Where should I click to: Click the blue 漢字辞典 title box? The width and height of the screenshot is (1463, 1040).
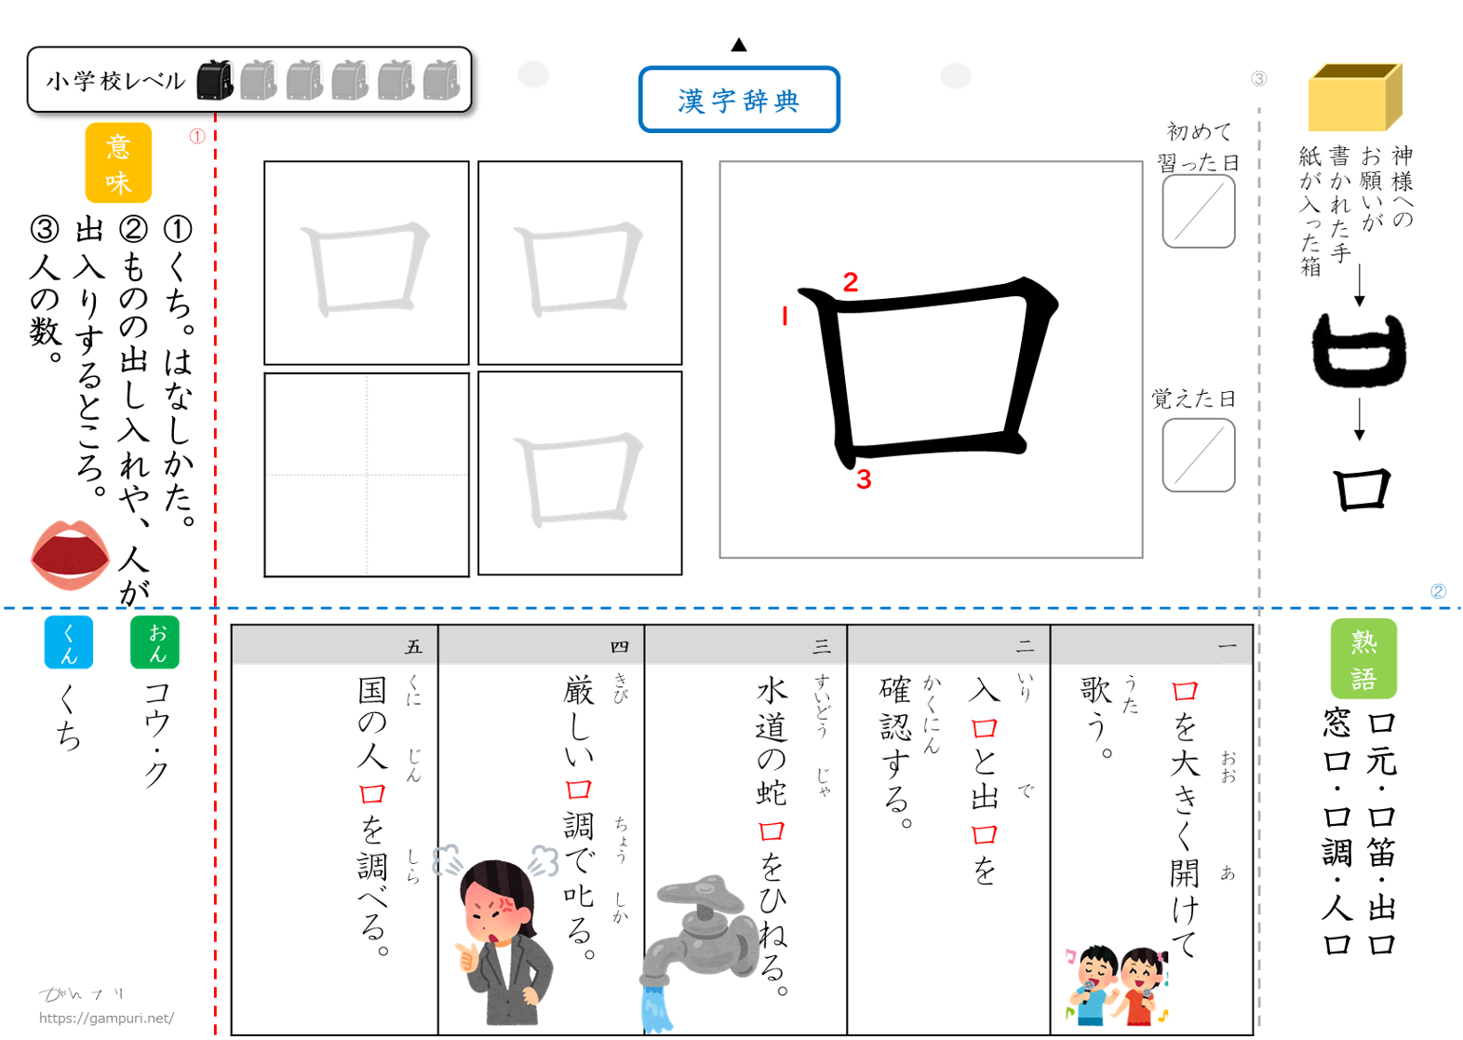(x=739, y=100)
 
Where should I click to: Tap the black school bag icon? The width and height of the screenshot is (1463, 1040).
(x=214, y=80)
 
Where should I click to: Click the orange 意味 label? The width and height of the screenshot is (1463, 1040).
(x=118, y=163)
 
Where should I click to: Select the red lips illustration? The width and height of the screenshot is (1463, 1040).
(x=70, y=554)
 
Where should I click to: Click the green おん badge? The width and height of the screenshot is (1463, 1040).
(x=154, y=642)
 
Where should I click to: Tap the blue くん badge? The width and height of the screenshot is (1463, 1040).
(x=69, y=642)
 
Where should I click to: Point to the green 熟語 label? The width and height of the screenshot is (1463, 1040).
(x=1363, y=658)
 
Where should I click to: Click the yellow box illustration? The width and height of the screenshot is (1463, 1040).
(x=1354, y=97)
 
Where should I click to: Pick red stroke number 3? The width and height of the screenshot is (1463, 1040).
(x=864, y=479)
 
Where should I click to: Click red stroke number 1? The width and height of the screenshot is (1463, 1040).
(x=785, y=317)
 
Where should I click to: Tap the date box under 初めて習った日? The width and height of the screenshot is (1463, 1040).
(x=1198, y=212)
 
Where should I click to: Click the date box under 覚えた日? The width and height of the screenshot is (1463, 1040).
(x=1198, y=455)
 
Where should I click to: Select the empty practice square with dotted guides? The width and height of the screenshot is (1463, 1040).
(x=367, y=475)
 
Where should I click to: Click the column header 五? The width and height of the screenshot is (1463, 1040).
(x=413, y=646)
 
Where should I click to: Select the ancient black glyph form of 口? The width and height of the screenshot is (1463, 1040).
(x=1359, y=351)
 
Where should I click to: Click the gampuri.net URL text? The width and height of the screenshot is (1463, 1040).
(x=106, y=1019)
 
